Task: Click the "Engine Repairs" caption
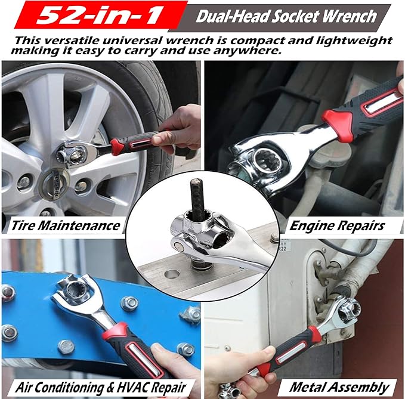pos(337,225)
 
